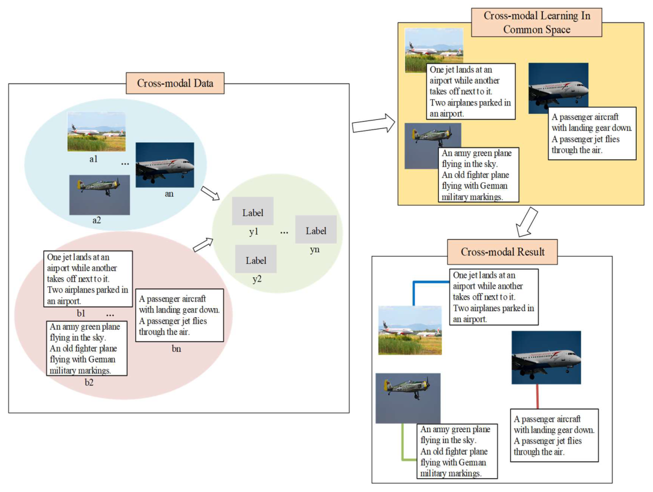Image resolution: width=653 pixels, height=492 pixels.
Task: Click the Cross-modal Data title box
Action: click(175, 84)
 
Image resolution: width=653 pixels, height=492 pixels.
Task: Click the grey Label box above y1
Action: click(253, 211)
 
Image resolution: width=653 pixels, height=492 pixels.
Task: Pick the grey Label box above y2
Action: click(256, 260)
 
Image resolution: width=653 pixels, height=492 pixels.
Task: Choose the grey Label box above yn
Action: click(316, 229)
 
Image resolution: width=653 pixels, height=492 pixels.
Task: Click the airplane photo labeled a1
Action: click(97, 131)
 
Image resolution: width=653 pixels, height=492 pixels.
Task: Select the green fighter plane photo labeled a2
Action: click(99, 194)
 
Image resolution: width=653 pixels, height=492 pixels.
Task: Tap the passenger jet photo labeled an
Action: click(164, 165)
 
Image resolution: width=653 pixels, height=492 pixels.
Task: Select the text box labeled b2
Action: click(87, 348)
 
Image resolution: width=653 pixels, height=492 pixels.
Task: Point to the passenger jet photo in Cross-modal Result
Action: click(546, 357)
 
